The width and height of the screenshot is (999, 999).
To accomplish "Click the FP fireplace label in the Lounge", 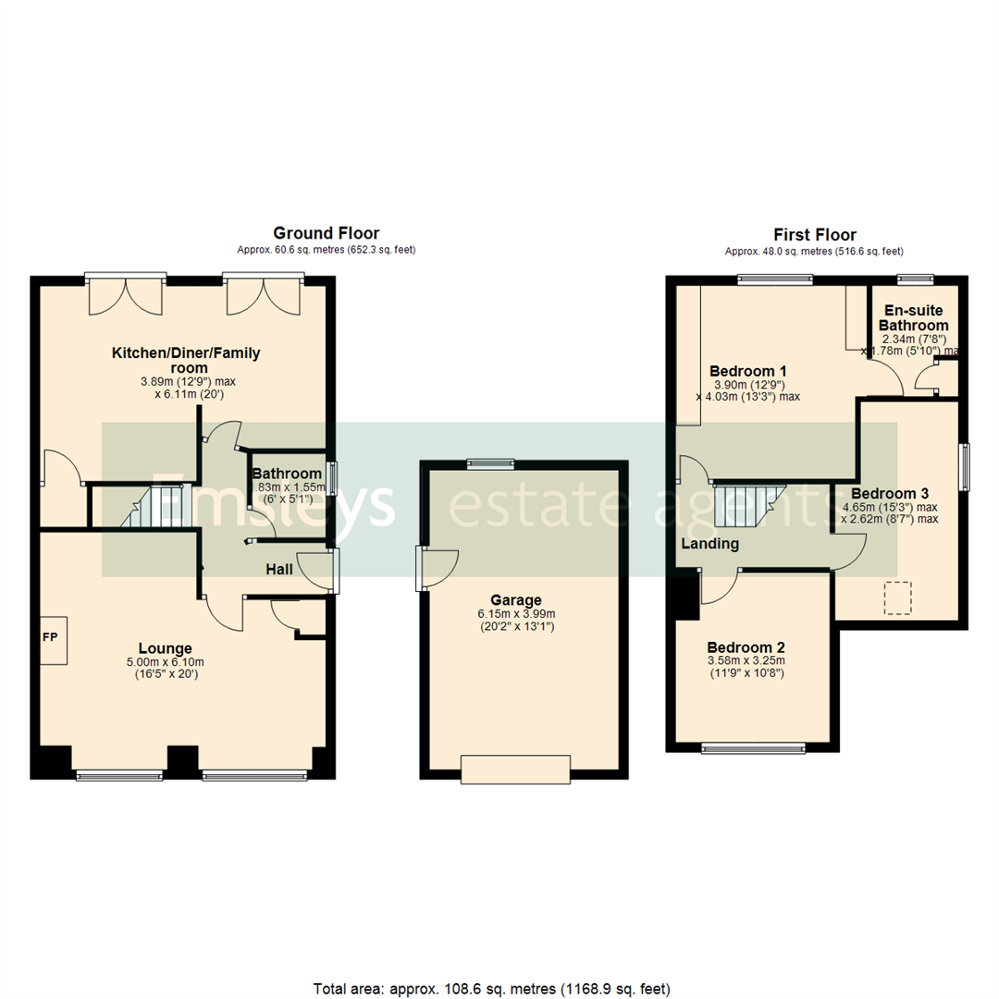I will (48, 638).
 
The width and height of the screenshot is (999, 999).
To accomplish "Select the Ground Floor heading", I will (326, 234).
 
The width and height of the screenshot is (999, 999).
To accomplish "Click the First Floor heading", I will (814, 235).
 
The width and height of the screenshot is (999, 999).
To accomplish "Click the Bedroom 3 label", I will (890, 493).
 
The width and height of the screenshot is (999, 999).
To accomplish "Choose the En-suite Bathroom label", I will (913, 317).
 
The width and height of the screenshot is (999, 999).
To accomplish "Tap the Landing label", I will (710, 544).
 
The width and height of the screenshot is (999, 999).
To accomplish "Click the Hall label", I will (279, 569).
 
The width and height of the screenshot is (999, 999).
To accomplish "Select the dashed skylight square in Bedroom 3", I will (897, 597).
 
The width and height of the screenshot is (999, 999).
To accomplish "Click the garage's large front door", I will (515, 770).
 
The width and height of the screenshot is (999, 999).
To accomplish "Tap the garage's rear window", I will (489, 463).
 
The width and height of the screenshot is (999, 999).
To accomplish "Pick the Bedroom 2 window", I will (753, 747).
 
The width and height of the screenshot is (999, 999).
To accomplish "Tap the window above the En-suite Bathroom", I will (916, 278).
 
